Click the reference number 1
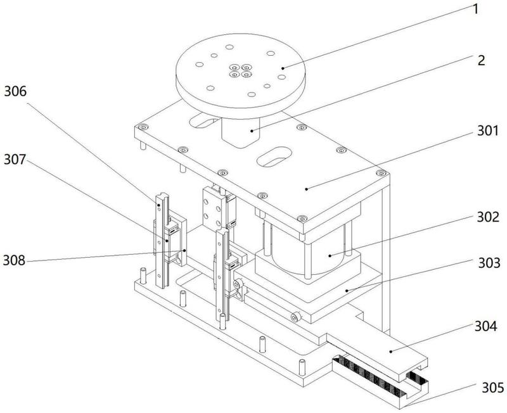click(x=475, y=9)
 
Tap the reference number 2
click(x=482, y=60)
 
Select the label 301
click(x=488, y=130)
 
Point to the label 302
click(x=488, y=217)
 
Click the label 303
click(x=489, y=263)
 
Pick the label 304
click(x=485, y=326)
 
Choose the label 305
click(x=493, y=388)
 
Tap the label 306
click(x=15, y=91)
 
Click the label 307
click(x=15, y=160)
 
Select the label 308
click(x=14, y=260)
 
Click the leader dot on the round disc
click(x=283, y=68)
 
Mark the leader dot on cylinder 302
click(x=330, y=255)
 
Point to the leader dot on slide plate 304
click(x=391, y=352)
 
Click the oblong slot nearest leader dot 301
click(x=274, y=156)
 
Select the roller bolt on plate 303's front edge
click(x=295, y=317)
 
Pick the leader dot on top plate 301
click(x=306, y=189)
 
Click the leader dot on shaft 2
click(x=252, y=130)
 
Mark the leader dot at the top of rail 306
click(x=159, y=205)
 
